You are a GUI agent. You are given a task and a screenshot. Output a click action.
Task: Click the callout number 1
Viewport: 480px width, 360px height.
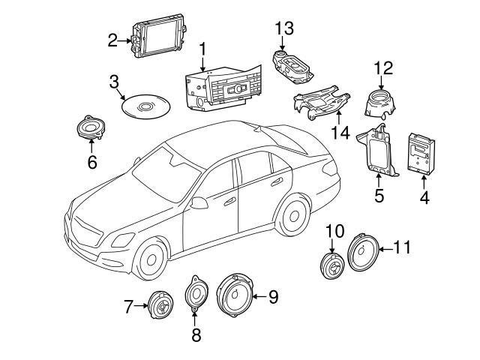click(202, 50)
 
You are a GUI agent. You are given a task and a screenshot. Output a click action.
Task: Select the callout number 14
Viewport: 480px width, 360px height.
click(340, 133)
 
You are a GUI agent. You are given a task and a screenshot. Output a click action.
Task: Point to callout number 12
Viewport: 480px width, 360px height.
click(383, 68)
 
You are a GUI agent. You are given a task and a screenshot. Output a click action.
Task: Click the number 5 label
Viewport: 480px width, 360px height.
click(379, 197)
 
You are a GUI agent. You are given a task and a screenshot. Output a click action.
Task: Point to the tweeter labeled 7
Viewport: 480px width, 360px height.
click(159, 305)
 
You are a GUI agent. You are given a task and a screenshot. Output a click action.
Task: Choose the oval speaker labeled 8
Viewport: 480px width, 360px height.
click(196, 294)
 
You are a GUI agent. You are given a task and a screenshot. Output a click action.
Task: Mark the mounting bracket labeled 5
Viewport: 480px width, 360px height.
click(383, 153)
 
